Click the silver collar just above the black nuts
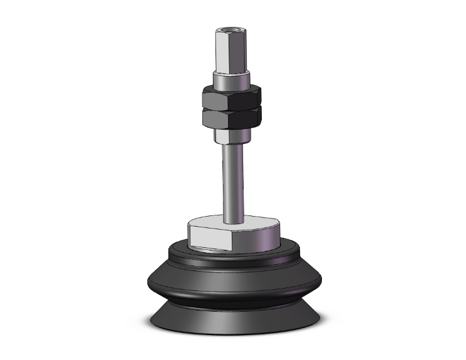point(231,81)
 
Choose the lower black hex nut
point(231,118)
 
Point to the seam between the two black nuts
point(231,108)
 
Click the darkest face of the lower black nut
point(251,118)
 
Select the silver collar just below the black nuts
point(231,135)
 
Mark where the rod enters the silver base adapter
point(232,220)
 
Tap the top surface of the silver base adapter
point(251,222)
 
